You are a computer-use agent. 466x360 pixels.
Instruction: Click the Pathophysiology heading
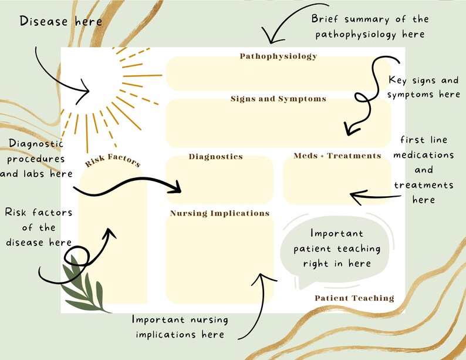pos(278,56)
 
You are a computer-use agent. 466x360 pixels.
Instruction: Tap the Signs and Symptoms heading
pos(278,99)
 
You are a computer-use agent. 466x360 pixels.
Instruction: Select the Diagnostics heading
pos(215,157)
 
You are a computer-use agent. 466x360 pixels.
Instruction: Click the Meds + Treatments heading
pos(337,156)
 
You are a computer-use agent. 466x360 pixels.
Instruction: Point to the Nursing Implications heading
pos(220,213)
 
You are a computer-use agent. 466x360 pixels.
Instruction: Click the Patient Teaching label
pos(354,298)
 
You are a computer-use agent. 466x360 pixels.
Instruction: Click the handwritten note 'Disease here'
pos(60,22)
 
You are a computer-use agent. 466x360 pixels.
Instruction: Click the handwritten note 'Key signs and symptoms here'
pos(424,87)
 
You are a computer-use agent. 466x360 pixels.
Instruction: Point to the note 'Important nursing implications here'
pos(180,327)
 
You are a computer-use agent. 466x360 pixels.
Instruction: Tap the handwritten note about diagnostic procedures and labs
pos(36,159)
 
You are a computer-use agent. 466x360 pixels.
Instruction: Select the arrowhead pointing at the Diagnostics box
pos(176,189)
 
